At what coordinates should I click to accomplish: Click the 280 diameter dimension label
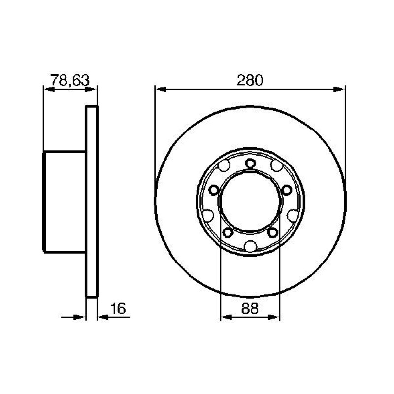pyautogui.click(x=250, y=80)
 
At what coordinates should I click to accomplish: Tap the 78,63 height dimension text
pyautogui.click(x=70, y=80)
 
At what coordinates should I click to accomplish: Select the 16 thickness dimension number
pyautogui.click(x=118, y=309)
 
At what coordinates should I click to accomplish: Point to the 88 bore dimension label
pyautogui.click(x=250, y=309)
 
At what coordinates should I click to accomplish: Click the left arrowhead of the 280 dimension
pyautogui.click(x=161, y=89)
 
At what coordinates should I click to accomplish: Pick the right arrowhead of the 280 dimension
pyautogui.click(x=339, y=89)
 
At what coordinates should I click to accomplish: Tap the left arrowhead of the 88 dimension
pyautogui.click(x=226, y=317)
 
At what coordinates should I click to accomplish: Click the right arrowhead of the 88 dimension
pyautogui.click(x=274, y=317)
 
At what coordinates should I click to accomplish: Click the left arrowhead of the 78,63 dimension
pyautogui.click(x=49, y=89)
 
